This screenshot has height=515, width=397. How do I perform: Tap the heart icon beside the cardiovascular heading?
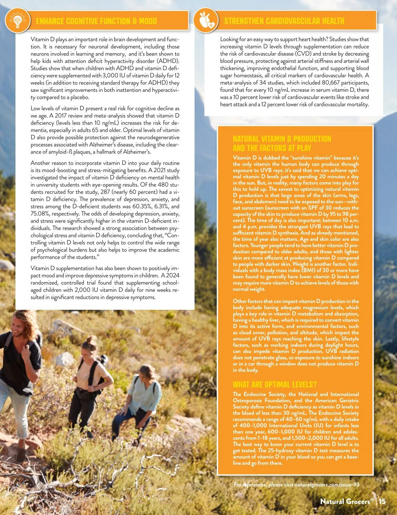coord(206,20)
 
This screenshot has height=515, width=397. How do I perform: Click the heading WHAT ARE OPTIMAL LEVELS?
coord(275,384)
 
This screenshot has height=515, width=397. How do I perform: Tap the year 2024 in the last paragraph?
coord(172,276)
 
